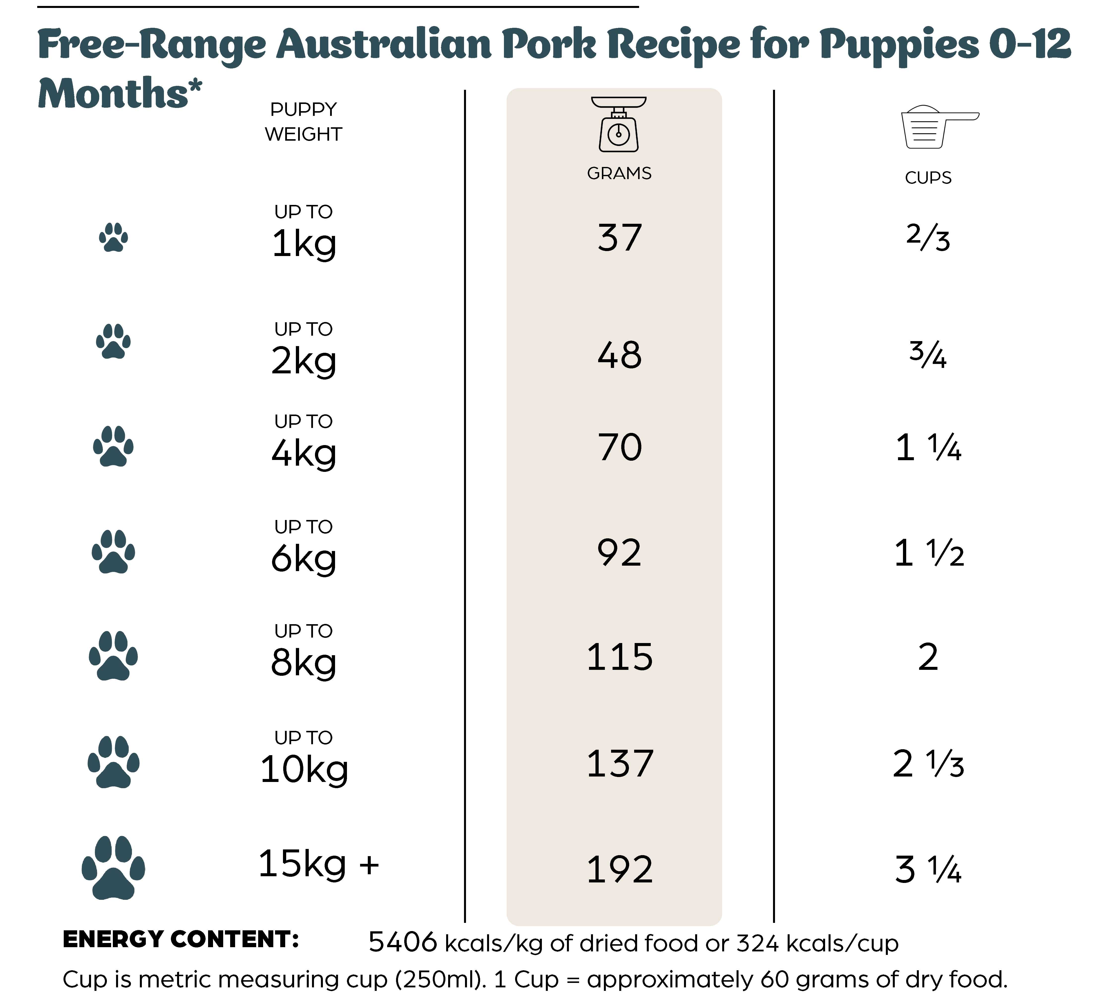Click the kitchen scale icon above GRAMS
(619, 125)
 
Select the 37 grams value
(620, 238)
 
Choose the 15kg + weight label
(318, 864)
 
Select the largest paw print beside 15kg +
(114, 868)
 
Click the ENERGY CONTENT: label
(181, 939)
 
